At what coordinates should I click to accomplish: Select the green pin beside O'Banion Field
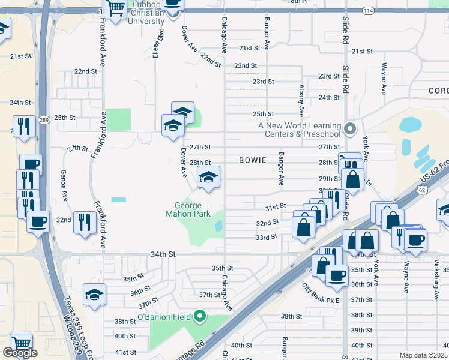[200, 316]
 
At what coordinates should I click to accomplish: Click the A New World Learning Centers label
[299, 130]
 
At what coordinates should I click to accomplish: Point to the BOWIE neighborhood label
[253, 160]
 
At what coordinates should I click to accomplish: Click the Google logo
[20, 353]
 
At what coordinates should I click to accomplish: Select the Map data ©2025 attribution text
[423, 355]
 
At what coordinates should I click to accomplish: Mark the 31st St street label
[275, 206]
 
